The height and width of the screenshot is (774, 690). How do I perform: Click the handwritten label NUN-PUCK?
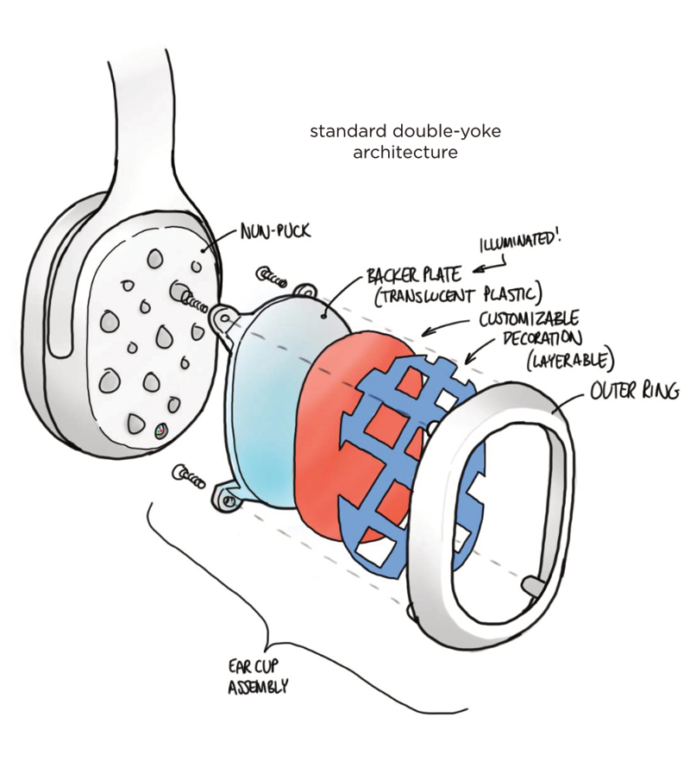click(x=275, y=230)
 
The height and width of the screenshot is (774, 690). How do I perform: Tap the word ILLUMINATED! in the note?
click(x=521, y=242)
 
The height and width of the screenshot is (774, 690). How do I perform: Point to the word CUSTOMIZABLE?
click(x=529, y=320)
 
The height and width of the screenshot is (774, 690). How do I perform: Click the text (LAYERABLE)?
click(x=569, y=361)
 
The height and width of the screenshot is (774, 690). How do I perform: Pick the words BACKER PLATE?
click(x=414, y=276)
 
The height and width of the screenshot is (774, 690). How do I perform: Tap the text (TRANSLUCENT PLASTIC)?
click(x=458, y=296)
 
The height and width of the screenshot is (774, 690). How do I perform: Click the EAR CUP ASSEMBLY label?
click(x=257, y=676)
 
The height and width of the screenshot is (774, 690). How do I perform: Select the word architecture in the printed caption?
click(x=405, y=152)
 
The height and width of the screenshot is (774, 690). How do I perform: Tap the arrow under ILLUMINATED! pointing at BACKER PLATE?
click(x=490, y=266)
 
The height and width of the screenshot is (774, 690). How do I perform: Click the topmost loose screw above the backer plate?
click(x=271, y=278)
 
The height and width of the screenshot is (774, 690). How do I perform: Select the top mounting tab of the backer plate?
click(x=304, y=292)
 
